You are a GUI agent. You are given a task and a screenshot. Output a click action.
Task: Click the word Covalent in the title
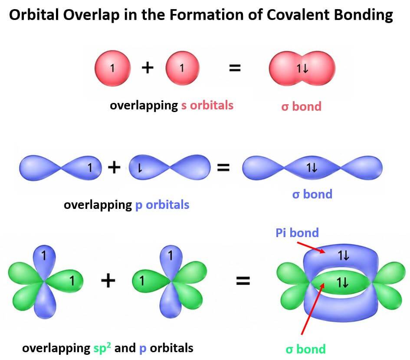(298, 14)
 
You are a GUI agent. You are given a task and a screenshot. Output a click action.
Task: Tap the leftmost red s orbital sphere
(113, 68)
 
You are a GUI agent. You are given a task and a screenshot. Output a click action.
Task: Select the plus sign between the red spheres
(148, 68)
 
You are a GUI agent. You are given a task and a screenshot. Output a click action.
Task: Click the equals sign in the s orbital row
(235, 68)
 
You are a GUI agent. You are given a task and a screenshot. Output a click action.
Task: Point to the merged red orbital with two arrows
(302, 69)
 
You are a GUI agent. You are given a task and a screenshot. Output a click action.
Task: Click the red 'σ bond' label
(301, 106)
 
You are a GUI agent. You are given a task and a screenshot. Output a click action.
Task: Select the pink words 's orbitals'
(207, 106)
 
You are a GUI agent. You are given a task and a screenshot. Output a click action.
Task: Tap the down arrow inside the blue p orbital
(140, 168)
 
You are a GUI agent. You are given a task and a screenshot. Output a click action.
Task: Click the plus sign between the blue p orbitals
(114, 167)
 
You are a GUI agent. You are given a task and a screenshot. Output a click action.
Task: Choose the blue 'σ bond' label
(312, 194)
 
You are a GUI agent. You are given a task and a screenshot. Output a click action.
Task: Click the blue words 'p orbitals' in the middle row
(162, 205)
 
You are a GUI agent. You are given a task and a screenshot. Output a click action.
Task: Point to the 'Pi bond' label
(297, 233)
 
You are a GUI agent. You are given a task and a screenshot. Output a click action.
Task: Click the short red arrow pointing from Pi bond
(311, 248)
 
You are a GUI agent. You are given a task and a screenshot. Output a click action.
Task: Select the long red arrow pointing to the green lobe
(313, 309)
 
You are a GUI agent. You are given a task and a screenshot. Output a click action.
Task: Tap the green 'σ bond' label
(306, 349)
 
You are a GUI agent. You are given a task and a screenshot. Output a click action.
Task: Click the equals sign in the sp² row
(243, 281)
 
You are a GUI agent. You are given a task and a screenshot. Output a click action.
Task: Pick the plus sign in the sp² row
(108, 281)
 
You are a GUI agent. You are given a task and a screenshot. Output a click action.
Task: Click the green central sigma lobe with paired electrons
(341, 283)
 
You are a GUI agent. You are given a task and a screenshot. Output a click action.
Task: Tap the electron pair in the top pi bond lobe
(343, 255)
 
